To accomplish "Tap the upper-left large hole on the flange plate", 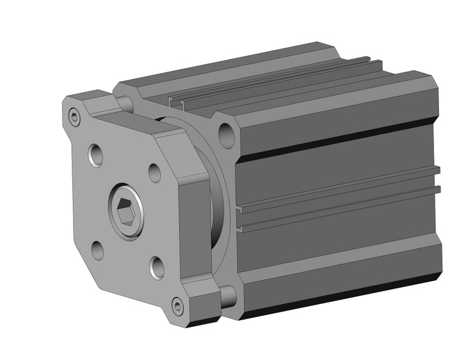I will click(96, 155).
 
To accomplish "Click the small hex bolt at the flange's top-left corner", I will click(75, 117).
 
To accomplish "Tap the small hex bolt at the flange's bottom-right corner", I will click(177, 305).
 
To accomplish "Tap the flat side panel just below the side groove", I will click(337, 239).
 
